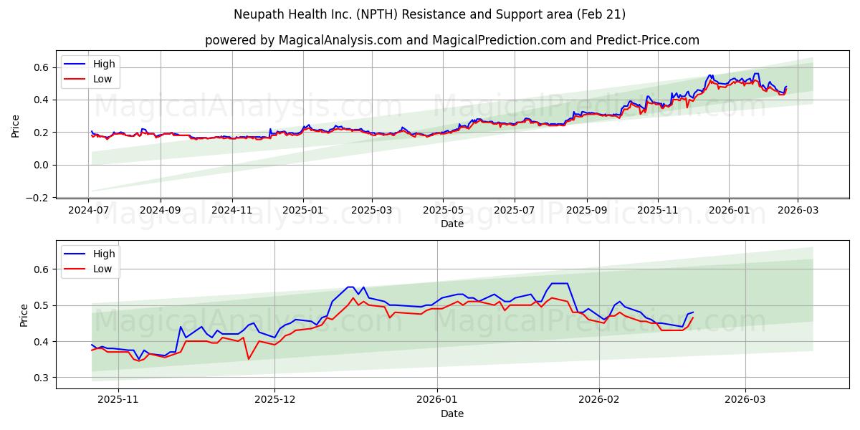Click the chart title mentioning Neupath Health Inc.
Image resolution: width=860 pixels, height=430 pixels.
pyautogui.click(x=429, y=14)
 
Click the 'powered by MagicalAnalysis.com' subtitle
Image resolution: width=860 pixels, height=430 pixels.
pyautogui.click(x=451, y=40)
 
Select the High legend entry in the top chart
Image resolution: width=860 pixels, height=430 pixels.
pyautogui.click(x=104, y=64)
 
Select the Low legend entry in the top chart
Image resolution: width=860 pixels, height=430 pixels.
pyautogui.click(x=102, y=79)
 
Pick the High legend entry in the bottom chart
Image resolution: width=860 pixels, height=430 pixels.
pyautogui.click(x=104, y=254)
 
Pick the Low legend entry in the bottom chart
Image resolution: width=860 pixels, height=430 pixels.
pyautogui.click(x=102, y=269)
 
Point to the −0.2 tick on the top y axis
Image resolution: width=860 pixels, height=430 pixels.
pyautogui.click(x=39, y=198)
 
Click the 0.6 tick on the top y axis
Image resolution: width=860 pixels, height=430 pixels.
pyautogui.click(x=42, y=67)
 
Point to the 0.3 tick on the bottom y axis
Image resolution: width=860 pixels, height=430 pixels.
pyautogui.click(x=42, y=378)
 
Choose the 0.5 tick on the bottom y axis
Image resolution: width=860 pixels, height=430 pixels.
pyautogui.click(x=42, y=305)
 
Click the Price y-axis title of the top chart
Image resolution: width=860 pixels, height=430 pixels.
pyautogui.click(x=16, y=126)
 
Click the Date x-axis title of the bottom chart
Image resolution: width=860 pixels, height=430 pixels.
pyautogui.click(x=451, y=414)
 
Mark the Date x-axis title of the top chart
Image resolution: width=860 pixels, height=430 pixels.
pyautogui.click(x=451, y=224)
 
